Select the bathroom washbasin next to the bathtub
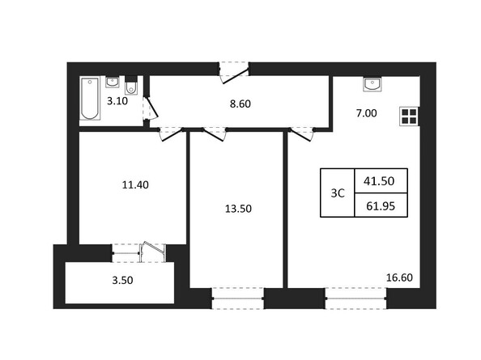tap(113, 81)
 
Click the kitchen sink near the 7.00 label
tap(373, 83)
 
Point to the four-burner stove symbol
tap(409, 116)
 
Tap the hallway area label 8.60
tap(240, 104)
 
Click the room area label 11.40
tap(134, 184)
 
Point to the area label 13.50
tap(238, 208)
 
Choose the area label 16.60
tap(399, 277)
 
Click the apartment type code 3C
tap(338, 193)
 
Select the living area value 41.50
tap(380, 180)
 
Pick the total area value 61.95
tap(380, 206)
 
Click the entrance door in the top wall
tap(236, 71)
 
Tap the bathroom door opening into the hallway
tap(147, 111)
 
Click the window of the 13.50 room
tap(238, 298)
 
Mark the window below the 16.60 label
tap(356, 298)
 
